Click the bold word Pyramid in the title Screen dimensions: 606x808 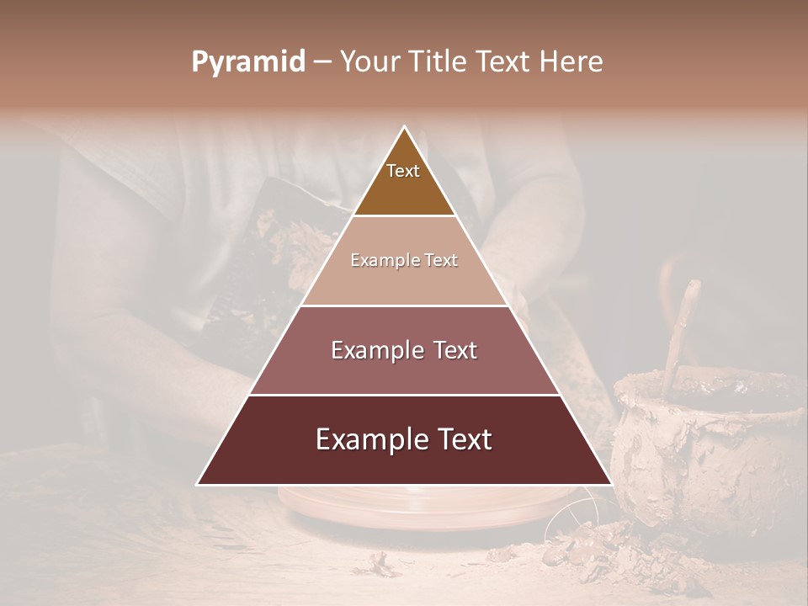click(x=248, y=62)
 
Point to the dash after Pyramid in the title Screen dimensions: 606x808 click(x=322, y=62)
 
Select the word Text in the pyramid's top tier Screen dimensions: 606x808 click(x=403, y=171)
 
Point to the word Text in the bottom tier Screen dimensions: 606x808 click(x=461, y=439)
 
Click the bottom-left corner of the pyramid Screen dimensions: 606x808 click(x=198, y=484)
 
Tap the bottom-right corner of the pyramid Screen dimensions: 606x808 click(x=611, y=484)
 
